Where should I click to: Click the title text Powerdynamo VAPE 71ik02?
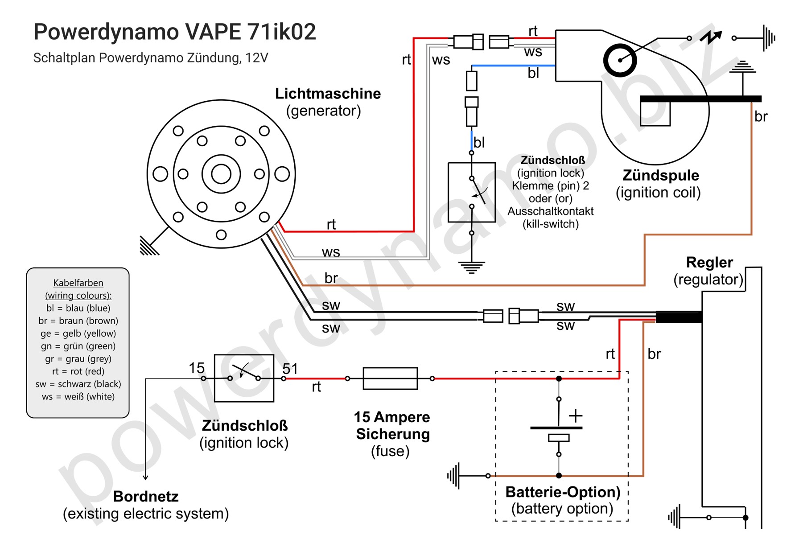(174, 32)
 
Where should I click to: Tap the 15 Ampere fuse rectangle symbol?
(390, 379)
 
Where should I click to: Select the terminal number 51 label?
(290, 369)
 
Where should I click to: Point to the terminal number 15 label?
(196, 368)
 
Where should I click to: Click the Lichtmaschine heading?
(328, 94)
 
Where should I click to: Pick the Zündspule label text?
(660, 175)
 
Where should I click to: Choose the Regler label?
(709, 262)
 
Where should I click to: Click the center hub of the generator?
(221, 174)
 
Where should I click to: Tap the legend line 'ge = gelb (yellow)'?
(78, 333)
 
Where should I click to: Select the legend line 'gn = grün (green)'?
(78, 346)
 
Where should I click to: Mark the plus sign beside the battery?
(576, 416)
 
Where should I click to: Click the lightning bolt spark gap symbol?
(711, 37)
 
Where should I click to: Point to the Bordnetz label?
(146, 496)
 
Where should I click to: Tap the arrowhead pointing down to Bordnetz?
(145, 477)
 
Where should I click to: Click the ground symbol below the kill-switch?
(471, 267)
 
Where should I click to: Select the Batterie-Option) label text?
(563, 492)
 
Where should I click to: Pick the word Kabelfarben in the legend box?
(78, 283)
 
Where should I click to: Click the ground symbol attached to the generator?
(149, 246)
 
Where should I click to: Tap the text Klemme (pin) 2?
(550, 186)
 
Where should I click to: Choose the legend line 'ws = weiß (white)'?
(78, 397)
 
